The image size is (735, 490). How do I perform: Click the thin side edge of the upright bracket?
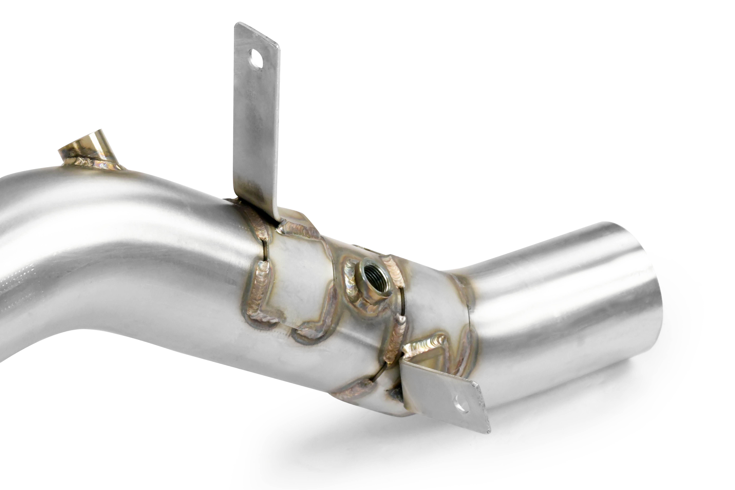[x=277, y=131]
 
